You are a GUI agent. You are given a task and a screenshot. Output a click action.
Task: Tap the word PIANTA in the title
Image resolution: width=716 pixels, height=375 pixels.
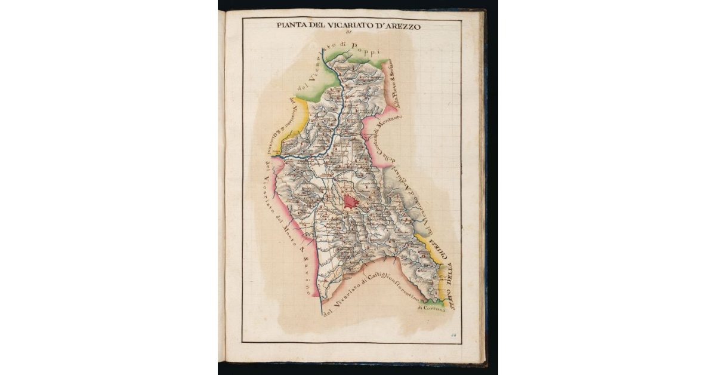pos(292,26)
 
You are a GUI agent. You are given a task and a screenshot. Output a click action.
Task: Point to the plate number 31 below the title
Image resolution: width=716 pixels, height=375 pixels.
pos(349,35)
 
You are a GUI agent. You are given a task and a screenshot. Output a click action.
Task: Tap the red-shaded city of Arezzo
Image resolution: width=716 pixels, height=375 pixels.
pos(350,203)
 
